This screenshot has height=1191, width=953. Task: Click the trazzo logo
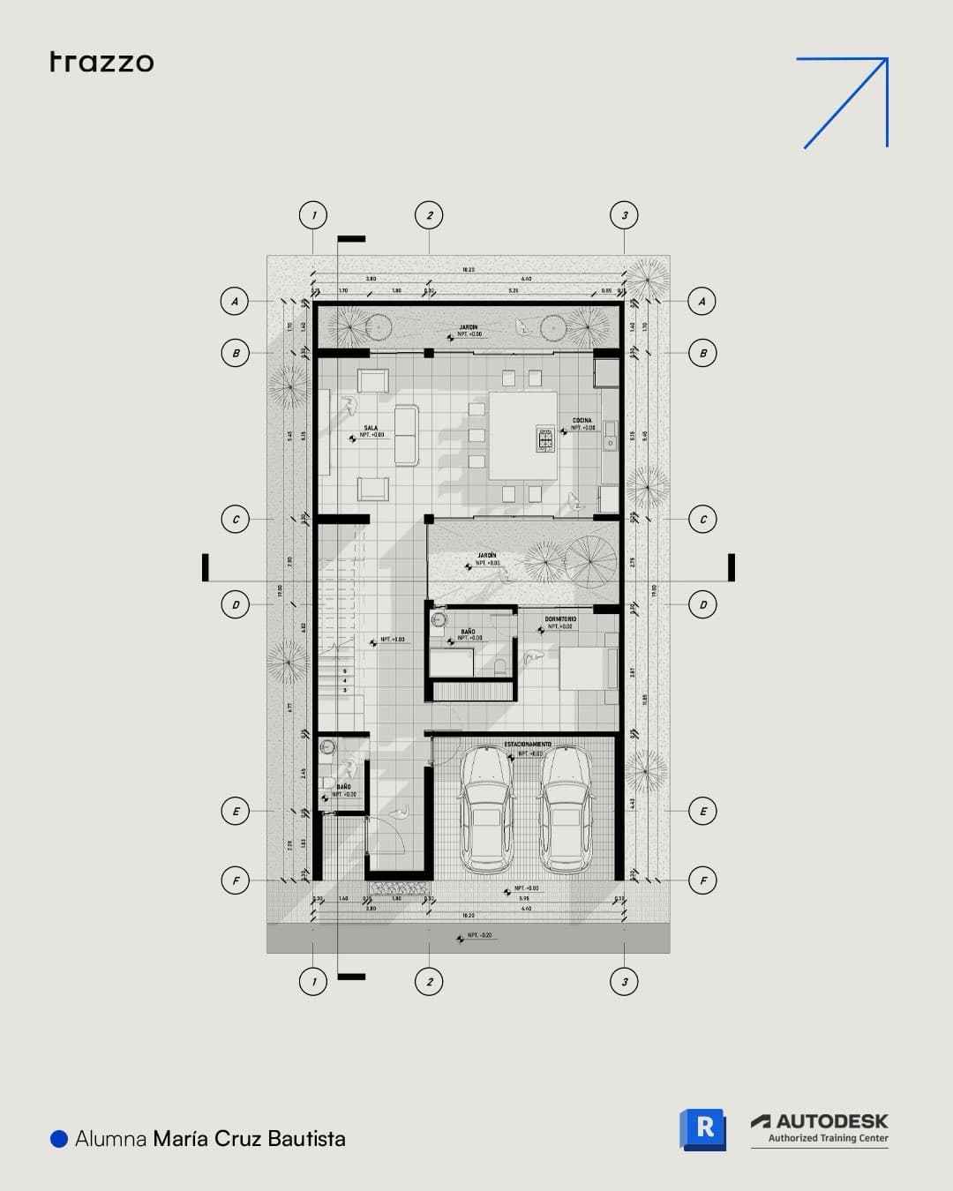pyautogui.click(x=101, y=62)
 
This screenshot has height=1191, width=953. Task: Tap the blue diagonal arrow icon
pyautogui.click(x=844, y=101)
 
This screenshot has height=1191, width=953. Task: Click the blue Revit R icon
pyautogui.click(x=702, y=1129)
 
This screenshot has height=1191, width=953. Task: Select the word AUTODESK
pyautogui.click(x=831, y=1121)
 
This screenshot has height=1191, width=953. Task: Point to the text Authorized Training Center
pyautogui.click(x=828, y=1138)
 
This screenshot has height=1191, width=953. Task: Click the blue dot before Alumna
pyautogui.click(x=59, y=1139)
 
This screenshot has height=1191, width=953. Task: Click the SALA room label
pyautogui.click(x=371, y=428)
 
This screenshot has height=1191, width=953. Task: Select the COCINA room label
pyautogui.click(x=582, y=421)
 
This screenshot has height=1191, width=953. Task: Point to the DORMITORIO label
pyautogui.click(x=560, y=619)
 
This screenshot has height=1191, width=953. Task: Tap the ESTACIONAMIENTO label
pyautogui.click(x=528, y=745)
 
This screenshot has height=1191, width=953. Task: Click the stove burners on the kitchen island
pyautogui.click(x=544, y=439)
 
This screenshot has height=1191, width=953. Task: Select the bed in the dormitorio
pyautogui.click(x=587, y=669)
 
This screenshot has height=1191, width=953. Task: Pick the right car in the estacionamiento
pyautogui.click(x=565, y=810)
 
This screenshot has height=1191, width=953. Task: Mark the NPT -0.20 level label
pyautogui.click(x=479, y=935)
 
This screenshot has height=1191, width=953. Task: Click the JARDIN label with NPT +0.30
pyautogui.click(x=469, y=328)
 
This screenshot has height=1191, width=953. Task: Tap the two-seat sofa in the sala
pyautogui.click(x=406, y=434)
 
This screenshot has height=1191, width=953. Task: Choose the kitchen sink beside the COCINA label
pyautogui.click(x=608, y=439)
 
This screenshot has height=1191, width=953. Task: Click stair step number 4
pyautogui.click(x=345, y=680)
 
